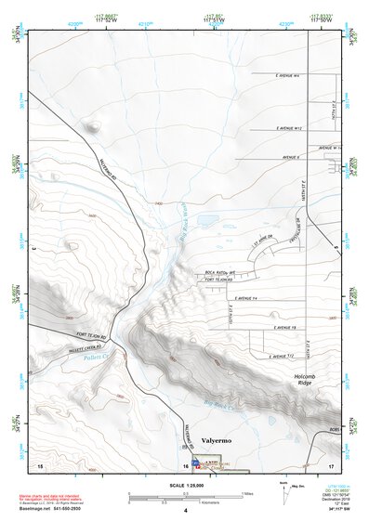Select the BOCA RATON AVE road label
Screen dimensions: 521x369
point(221,272)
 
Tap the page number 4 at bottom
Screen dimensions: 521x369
point(185,511)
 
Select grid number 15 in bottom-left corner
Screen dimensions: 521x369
point(39,464)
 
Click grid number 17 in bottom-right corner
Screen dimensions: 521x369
point(330,464)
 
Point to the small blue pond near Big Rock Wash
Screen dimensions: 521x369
point(208,223)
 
